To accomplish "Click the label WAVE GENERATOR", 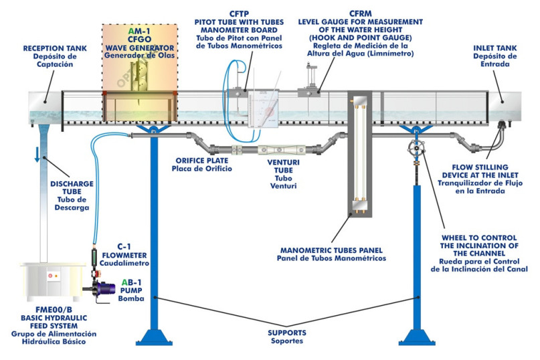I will pyautogui.click(x=140, y=48).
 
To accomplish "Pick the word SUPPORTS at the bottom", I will pyautogui.click(x=286, y=332).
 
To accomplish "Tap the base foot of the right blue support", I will pyautogui.click(x=416, y=335).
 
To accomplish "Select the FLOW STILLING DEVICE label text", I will pyautogui.click(x=490, y=167).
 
